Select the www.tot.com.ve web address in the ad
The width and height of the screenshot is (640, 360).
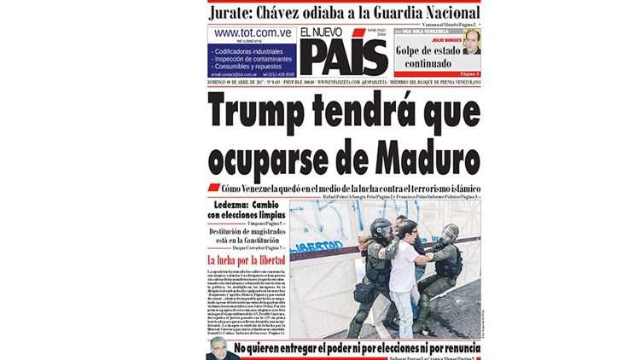[253, 32]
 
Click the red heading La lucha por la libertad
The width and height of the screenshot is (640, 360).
[247, 259]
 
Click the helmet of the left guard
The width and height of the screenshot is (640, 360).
[381, 228]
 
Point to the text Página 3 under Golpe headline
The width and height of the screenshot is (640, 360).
[466, 75]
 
